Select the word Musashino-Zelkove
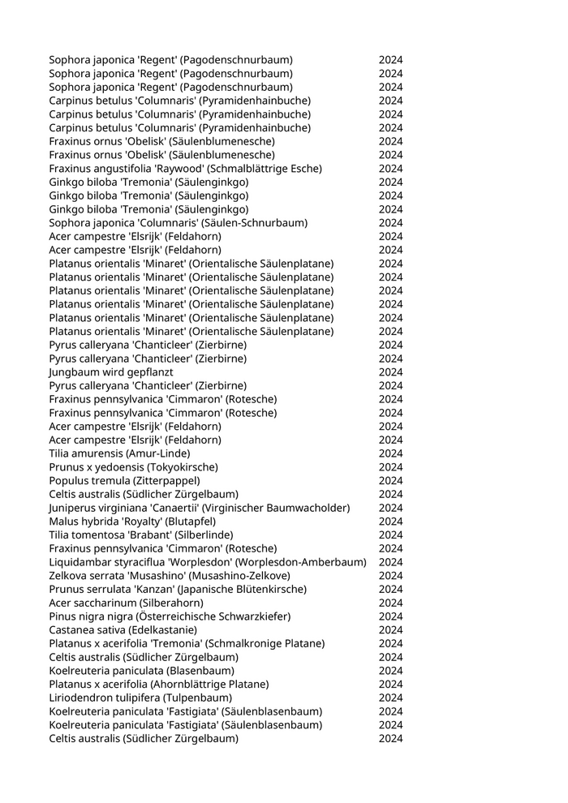(x=243, y=576)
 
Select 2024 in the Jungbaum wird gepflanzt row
(x=390, y=372)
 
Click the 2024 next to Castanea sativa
(x=390, y=630)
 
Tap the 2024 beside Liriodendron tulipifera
(x=390, y=698)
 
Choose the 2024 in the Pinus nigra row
(x=390, y=616)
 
